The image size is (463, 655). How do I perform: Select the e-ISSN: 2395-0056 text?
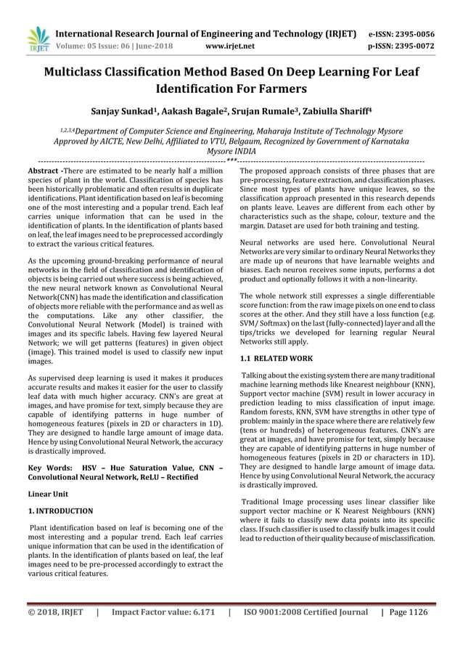(x=404, y=33)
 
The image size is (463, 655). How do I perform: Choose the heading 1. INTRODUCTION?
(x=60, y=510)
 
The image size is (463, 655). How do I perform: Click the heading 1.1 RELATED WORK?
(x=276, y=358)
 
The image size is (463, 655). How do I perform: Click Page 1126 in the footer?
(x=409, y=612)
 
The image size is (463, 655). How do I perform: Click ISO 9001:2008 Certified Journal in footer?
(x=306, y=612)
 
